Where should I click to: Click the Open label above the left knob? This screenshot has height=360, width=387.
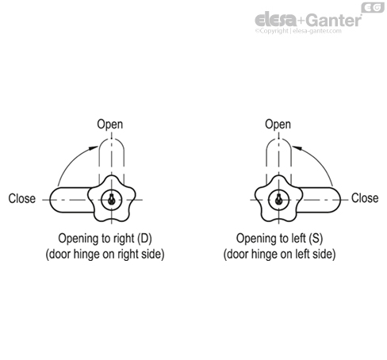point(110,124)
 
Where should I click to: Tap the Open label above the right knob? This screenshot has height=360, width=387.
point(278,124)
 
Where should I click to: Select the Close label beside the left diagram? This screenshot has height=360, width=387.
point(22,198)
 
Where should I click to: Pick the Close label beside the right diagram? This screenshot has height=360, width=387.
point(365,198)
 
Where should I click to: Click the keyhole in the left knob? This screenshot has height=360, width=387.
point(112,199)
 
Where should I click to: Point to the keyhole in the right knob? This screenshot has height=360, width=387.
point(278,199)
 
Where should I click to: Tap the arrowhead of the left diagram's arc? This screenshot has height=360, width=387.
point(93,148)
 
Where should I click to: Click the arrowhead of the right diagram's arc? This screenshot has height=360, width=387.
point(297,148)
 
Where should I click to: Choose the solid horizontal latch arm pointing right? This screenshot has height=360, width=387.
point(320,200)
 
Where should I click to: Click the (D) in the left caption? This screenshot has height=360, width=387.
point(144,239)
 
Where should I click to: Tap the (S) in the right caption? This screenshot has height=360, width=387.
point(316,239)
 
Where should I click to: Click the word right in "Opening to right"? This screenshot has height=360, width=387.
point(124,239)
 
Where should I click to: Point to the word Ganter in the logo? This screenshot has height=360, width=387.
point(335,21)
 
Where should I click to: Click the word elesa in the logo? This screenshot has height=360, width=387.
point(276,20)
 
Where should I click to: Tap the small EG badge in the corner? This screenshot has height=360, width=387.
point(373,8)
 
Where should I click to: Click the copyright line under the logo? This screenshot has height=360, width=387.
point(298,31)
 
